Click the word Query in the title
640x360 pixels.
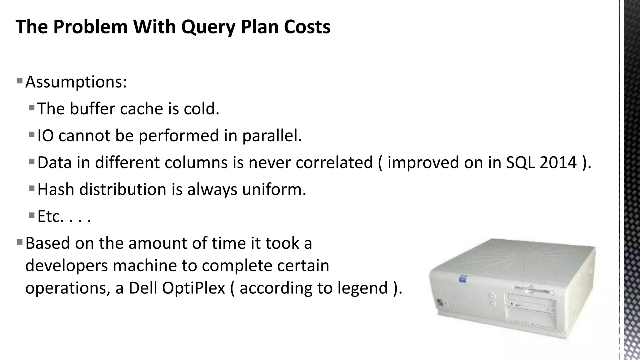tap(208, 27)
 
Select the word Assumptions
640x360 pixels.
tap(76, 82)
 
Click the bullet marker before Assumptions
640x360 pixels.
tap(20, 81)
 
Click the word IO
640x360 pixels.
tap(45, 136)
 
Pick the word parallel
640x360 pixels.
tap(272, 136)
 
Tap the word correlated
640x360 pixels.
tap(334, 162)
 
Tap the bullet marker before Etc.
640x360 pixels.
tap(32, 215)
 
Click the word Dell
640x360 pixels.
tap(143, 288)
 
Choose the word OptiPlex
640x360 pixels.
tap(193, 288)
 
